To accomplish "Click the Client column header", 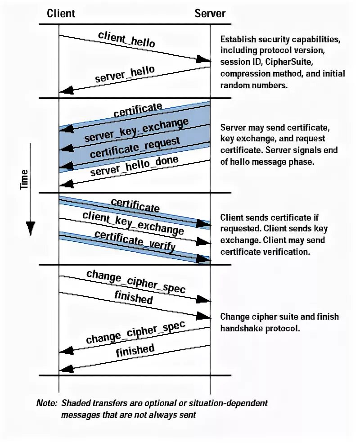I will (x=61, y=13).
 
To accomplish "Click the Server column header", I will (x=210, y=13).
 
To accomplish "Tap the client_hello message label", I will (x=126, y=40).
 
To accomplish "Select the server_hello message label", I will (x=125, y=74).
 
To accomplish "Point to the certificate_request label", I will (x=135, y=147).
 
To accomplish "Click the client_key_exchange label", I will (x=133, y=223).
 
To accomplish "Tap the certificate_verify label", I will (x=135, y=240).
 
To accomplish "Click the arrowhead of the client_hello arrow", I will (x=205, y=60).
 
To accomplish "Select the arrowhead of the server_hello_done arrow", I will (x=65, y=183).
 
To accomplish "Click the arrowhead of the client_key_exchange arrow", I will (x=204, y=242).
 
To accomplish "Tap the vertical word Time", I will (x=25, y=178).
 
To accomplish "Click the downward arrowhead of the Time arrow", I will (x=30, y=229).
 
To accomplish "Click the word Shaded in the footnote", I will (x=75, y=403).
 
